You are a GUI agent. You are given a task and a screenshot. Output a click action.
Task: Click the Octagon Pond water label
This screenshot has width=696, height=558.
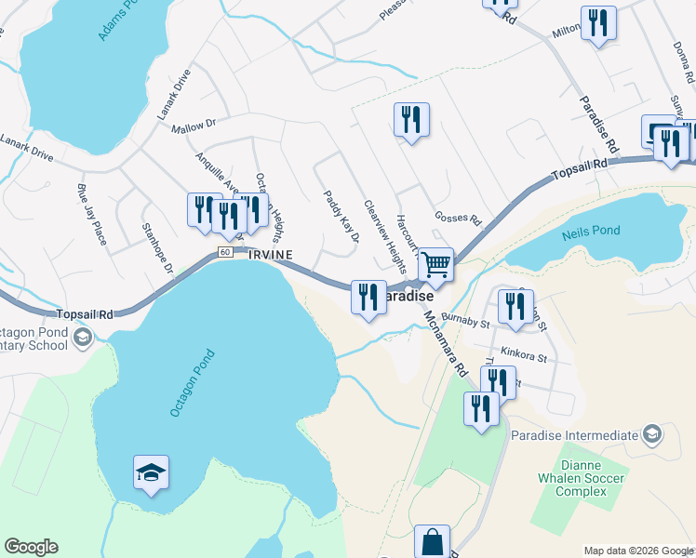(193, 382)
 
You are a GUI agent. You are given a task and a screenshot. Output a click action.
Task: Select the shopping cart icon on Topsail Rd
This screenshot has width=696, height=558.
(435, 266)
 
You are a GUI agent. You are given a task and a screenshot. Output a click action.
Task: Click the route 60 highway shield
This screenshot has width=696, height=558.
(226, 252)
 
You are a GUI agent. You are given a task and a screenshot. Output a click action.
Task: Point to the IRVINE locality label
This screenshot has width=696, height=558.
(270, 255)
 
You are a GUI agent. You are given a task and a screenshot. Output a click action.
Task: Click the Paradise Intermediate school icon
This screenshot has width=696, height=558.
(652, 434)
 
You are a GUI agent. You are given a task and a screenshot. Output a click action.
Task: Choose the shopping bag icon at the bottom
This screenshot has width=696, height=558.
(432, 541)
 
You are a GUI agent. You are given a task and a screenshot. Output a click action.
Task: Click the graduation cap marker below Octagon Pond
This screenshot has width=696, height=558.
(150, 473)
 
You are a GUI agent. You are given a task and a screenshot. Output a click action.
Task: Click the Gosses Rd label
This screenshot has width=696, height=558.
(458, 219)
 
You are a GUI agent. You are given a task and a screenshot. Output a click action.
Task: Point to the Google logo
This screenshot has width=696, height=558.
(32, 547)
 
